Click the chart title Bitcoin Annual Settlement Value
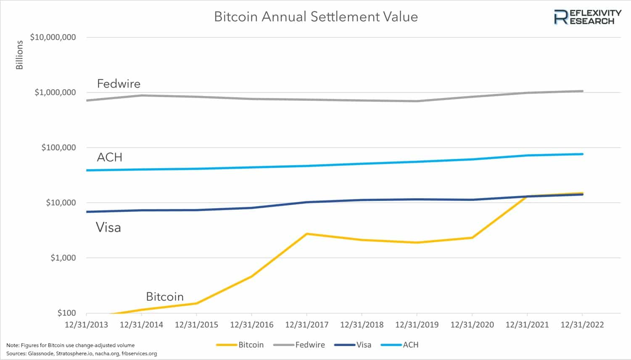click(316, 17)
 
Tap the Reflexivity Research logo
click(587, 17)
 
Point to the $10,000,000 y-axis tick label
click(53, 37)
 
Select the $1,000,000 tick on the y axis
click(55, 92)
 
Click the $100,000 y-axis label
click(58, 148)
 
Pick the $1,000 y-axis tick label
click(63, 258)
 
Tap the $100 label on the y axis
click(66, 313)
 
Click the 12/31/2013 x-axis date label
click(86, 325)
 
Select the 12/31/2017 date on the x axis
click(306, 325)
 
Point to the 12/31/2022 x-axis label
click(582, 325)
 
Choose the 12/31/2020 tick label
click(472, 325)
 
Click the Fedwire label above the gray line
click(119, 84)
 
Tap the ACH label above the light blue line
click(109, 157)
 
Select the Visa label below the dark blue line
click(108, 228)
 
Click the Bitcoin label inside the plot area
click(165, 296)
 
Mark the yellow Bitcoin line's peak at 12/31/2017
click(307, 233)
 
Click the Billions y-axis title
click(19, 55)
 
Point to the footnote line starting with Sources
click(82, 353)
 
